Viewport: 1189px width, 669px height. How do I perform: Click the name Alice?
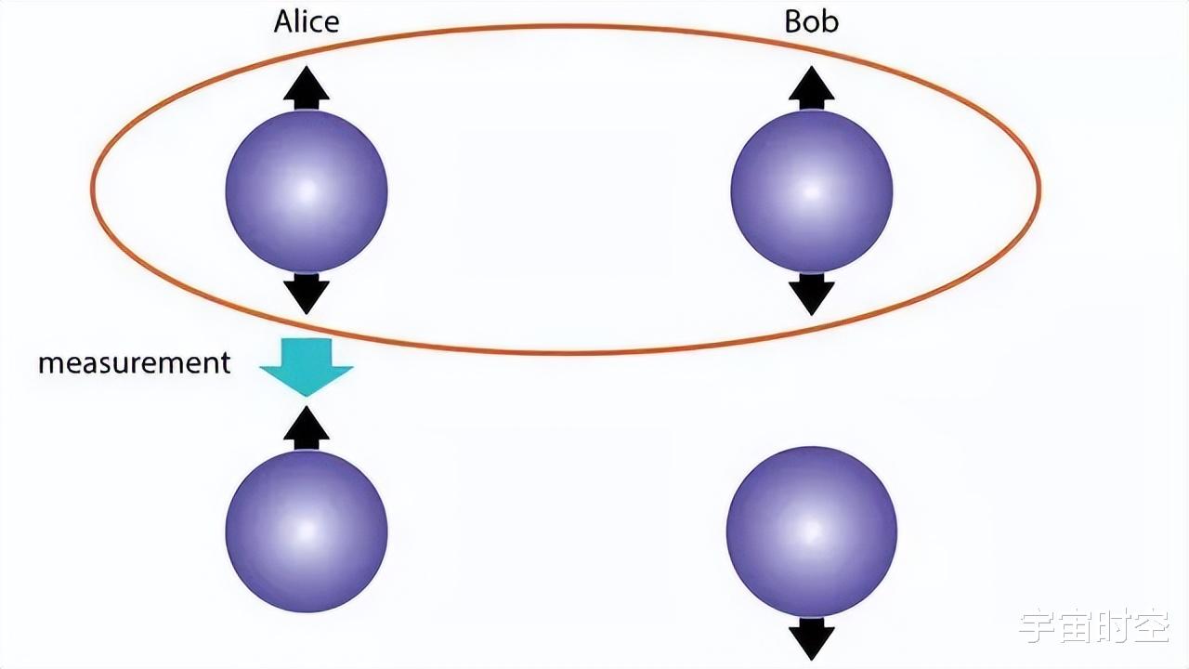coord(306,21)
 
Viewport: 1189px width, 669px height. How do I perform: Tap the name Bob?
coord(811,21)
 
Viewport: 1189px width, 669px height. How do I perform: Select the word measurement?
coord(134,362)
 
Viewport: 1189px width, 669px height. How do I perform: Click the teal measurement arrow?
coord(307,367)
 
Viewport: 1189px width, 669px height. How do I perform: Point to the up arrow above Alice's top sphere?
coord(307,88)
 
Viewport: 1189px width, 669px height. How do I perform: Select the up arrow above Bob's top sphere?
coord(812,88)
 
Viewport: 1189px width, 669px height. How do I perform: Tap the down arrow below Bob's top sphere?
coord(812,294)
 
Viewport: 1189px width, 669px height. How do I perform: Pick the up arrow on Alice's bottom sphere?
coord(307,428)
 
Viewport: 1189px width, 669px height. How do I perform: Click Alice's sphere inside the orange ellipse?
coord(307,190)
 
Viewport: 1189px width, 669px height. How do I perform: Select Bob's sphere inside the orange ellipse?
coord(812,190)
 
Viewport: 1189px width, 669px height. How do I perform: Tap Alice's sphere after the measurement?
coord(307,531)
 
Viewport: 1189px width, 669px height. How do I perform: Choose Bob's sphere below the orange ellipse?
coord(812,531)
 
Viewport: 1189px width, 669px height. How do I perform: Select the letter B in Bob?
coord(792,21)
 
